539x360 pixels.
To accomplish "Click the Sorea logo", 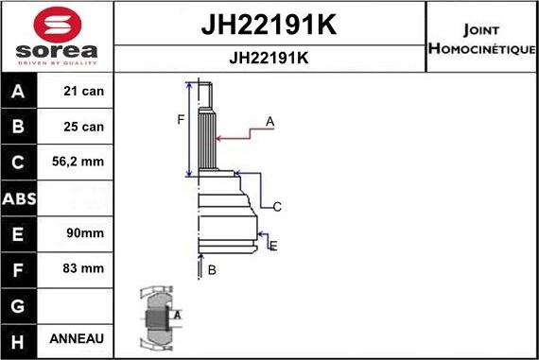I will point(57,37).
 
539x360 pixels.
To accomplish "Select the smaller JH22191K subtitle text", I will point(269,58).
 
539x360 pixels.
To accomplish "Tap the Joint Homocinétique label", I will point(481,39).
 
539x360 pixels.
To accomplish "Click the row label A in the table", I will point(20,92).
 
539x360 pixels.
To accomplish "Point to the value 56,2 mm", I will point(78,162).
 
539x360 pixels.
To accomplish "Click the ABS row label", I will point(20,197).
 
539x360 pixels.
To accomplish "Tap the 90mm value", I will point(78,232).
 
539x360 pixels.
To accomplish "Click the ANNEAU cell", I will point(78,338).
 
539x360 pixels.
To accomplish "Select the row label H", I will point(20,338).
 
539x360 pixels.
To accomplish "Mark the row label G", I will point(20,303).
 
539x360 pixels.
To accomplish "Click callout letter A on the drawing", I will point(270,121).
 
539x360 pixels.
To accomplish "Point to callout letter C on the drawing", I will point(278,206).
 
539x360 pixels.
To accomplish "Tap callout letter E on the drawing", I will point(273,246).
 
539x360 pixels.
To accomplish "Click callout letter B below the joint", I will point(213,270).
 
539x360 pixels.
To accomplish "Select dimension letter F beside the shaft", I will point(181,119).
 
